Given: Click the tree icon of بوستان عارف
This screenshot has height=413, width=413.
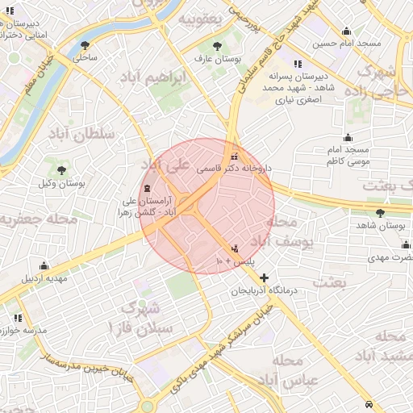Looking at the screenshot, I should click(x=218, y=45).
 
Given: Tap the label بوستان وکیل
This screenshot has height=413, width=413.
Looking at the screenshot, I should click(x=61, y=184).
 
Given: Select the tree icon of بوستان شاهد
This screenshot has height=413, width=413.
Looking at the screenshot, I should click(x=380, y=213).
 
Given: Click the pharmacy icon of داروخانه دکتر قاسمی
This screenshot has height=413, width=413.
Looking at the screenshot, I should click(x=235, y=156).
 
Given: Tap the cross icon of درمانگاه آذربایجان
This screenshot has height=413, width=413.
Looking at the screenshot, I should click(x=264, y=277).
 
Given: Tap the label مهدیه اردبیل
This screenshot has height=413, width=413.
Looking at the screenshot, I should click(x=40, y=278).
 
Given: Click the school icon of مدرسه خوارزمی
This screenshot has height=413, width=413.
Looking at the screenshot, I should click(x=17, y=318).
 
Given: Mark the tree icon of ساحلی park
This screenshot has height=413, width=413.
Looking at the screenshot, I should click(x=85, y=45).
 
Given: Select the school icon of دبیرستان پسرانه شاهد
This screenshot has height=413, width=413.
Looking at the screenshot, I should click(x=298, y=64).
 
